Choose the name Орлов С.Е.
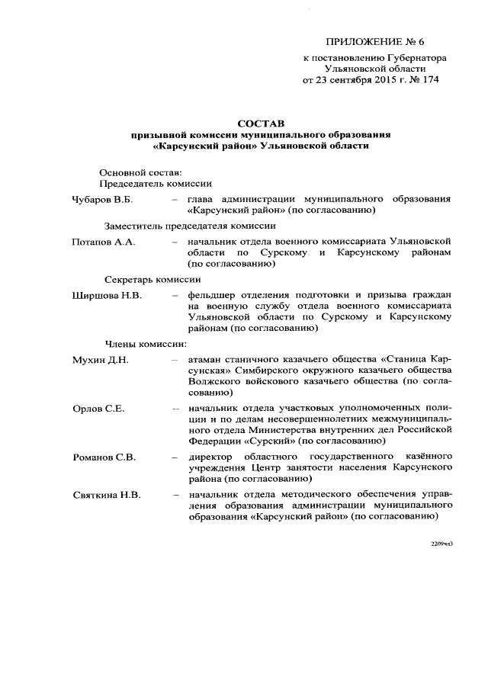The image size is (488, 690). (x=98, y=409)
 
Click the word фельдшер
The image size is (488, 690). (x=214, y=295)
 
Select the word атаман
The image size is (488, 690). (x=207, y=359)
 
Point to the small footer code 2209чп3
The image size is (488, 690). (x=441, y=544)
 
